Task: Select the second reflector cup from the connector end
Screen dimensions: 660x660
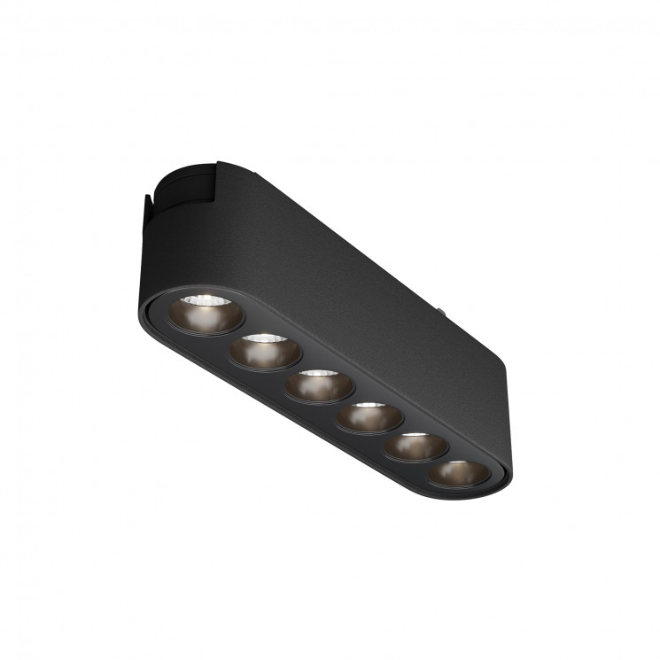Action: click(263, 352)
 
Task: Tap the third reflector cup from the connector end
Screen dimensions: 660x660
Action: click(319, 386)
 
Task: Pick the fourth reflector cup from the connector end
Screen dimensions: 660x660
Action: click(369, 417)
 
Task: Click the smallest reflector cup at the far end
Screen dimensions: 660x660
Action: click(458, 473)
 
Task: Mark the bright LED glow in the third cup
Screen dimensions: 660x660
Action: click(320, 376)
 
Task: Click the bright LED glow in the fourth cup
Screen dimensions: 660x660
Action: click(370, 408)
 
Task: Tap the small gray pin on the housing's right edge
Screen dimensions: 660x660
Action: click(440, 311)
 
